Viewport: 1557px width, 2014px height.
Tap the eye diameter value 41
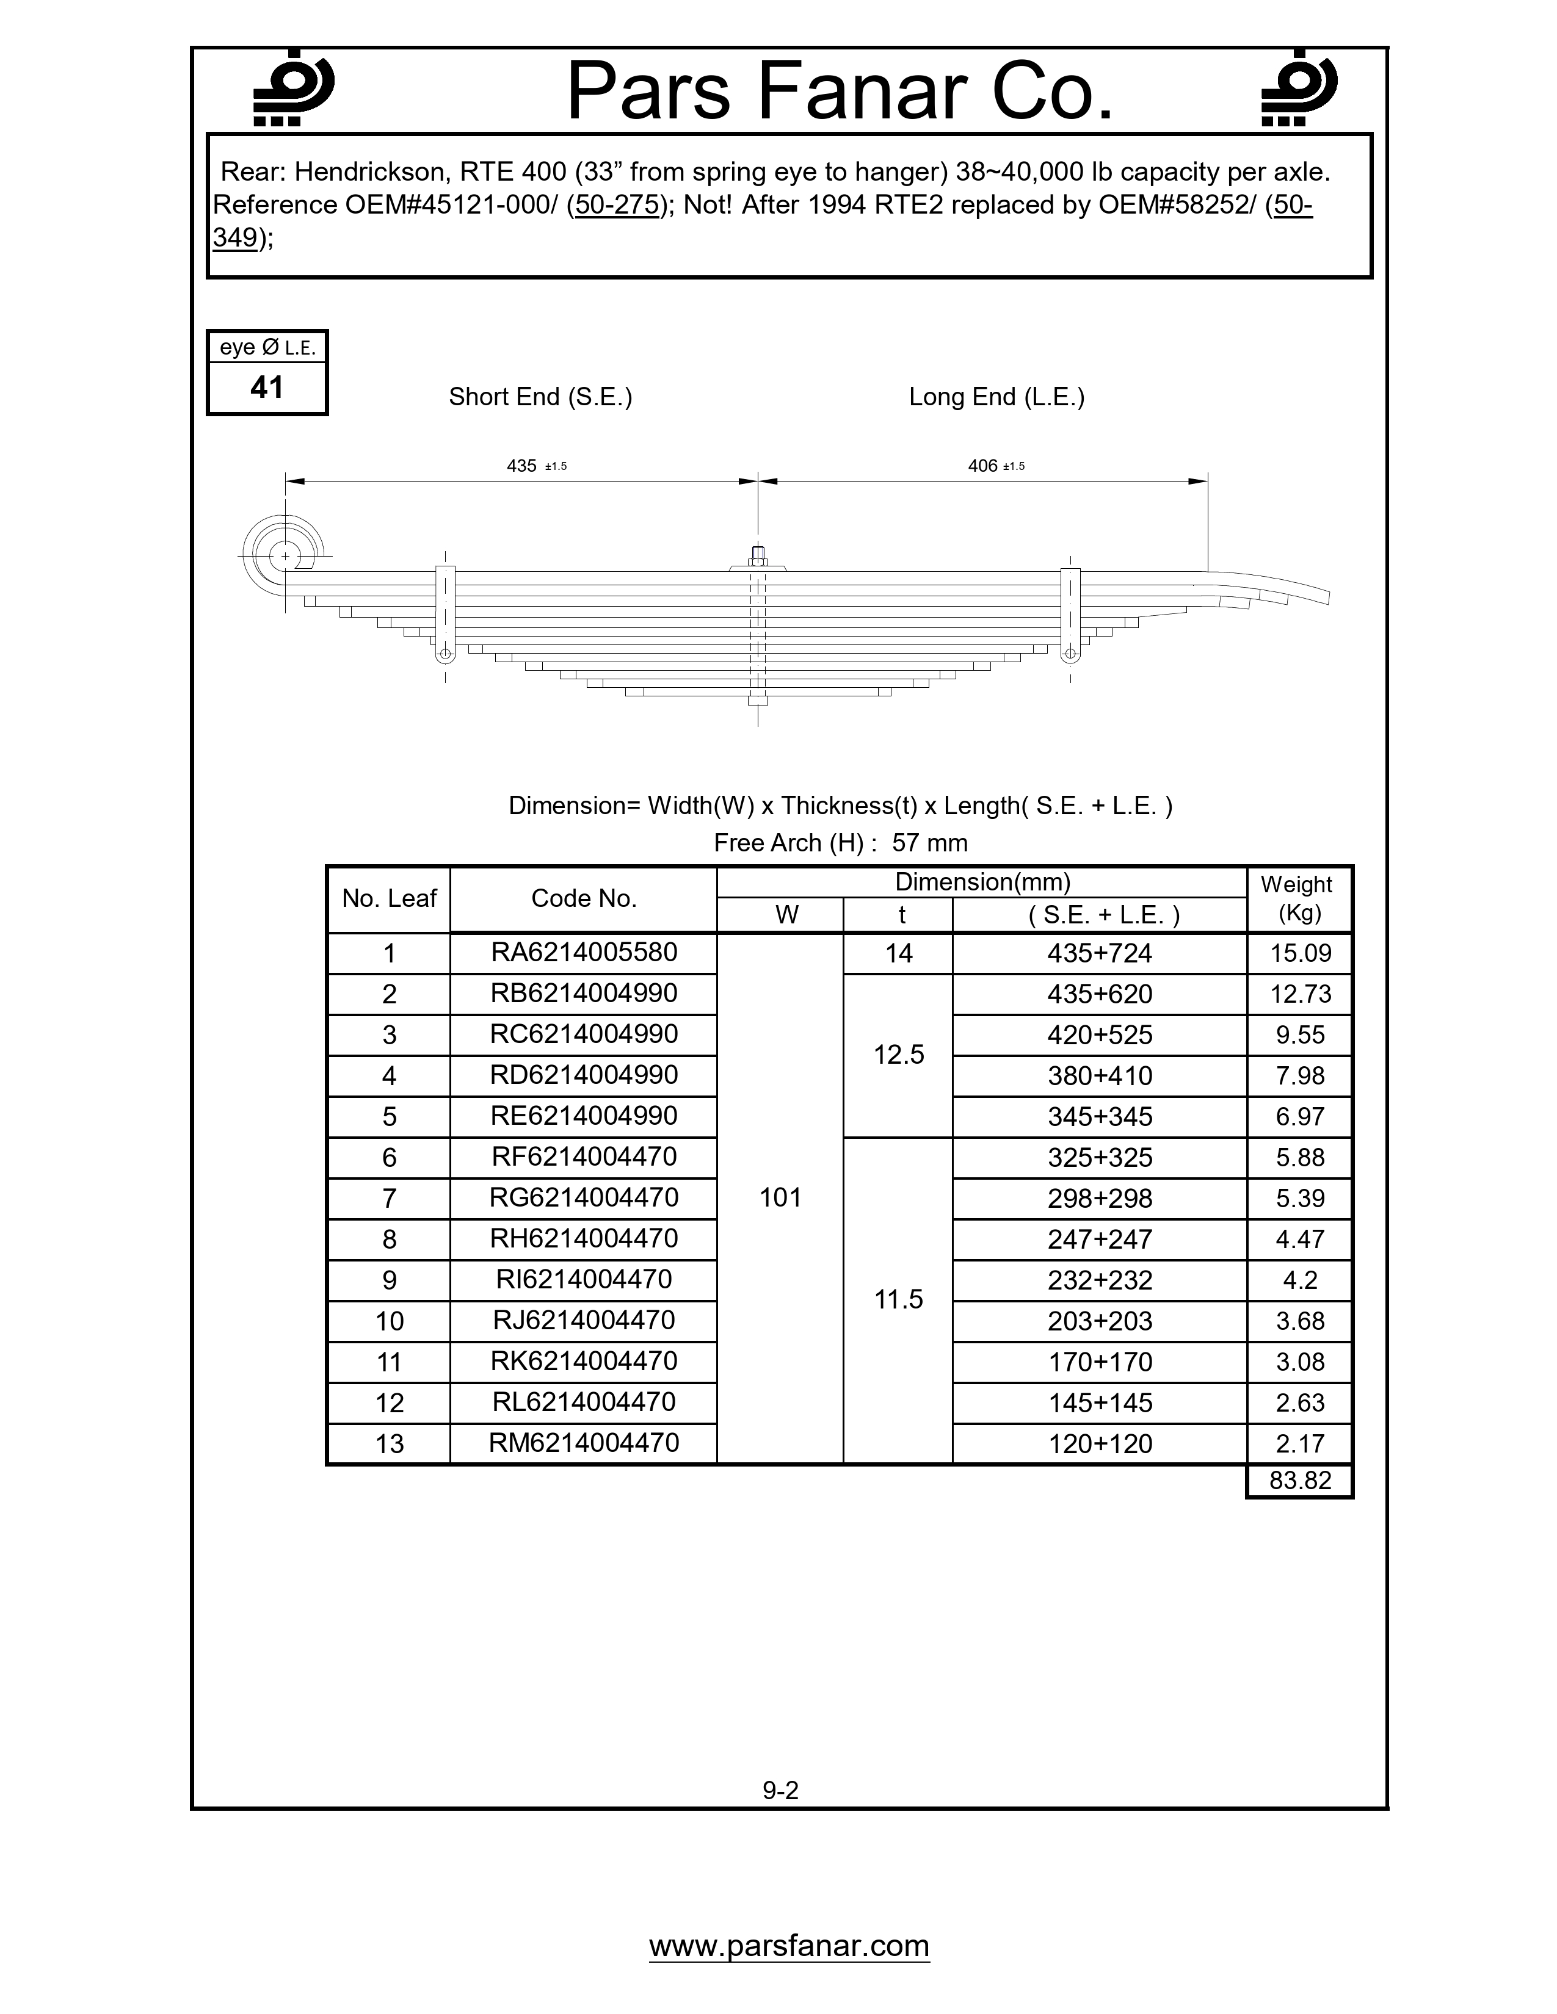[x=267, y=388]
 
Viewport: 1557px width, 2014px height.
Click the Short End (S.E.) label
[x=540, y=397]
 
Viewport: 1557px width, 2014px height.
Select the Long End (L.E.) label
[x=996, y=397]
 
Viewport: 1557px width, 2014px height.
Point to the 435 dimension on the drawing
[x=522, y=466]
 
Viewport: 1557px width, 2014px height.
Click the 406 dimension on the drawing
[x=983, y=466]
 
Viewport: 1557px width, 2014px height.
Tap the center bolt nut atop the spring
[x=757, y=556]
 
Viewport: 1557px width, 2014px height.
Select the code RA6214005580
[x=584, y=953]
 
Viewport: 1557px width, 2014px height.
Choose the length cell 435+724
[x=1100, y=953]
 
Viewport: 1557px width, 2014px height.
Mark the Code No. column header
[x=584, y=899]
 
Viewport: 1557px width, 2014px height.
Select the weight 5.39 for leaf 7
[x=1300, y=1198]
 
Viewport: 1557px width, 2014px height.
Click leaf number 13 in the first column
[x=390, y=1443]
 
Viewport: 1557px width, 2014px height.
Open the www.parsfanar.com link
[x=789, y=1945]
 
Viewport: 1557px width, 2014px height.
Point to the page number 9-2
[x=780, y=1790]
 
